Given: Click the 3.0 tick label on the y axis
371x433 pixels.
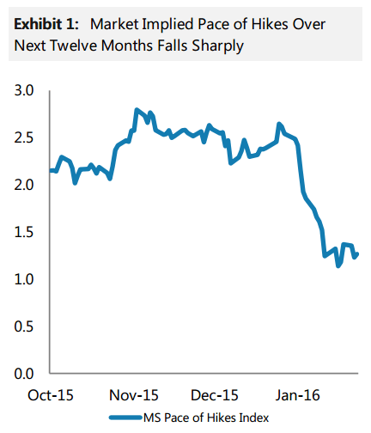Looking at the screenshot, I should tap(27, 90).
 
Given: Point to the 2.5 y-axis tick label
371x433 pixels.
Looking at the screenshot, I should tap(27, 137).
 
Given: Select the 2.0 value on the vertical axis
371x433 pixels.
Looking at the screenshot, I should tap(27, 185).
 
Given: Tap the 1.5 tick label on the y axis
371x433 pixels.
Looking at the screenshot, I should tap(27, 232).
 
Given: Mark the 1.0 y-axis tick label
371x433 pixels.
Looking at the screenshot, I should tap(27, 279).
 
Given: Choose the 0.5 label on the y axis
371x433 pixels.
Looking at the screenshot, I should tap(27, 326).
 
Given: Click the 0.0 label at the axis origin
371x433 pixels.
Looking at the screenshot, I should tap(27, 374).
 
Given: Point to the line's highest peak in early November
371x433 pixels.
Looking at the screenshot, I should tap(137, 110).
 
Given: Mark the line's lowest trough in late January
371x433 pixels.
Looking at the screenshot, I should tap(338, 265).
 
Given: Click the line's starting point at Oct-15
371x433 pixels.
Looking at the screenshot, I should tap(51, 170).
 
